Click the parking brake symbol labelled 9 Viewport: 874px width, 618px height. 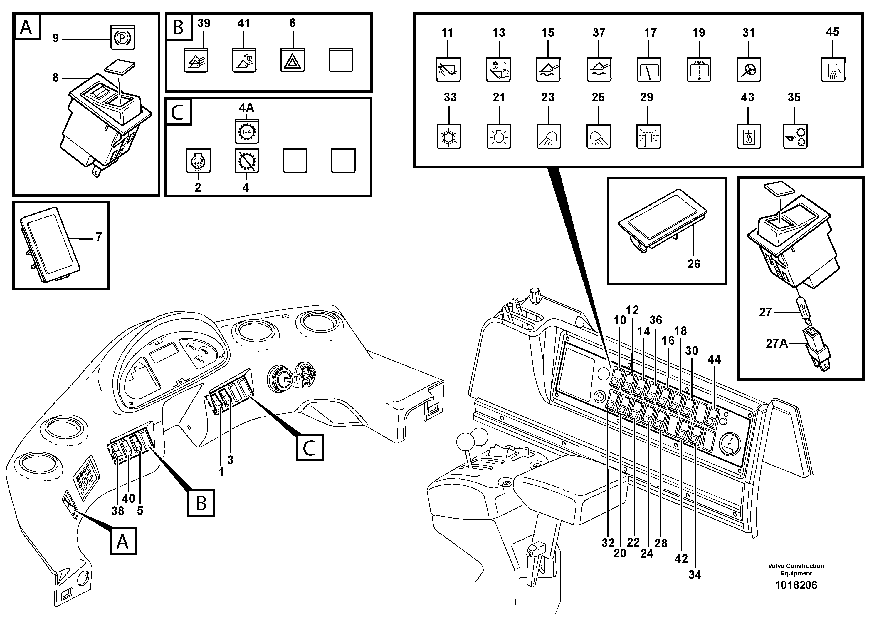[x=122, y=38]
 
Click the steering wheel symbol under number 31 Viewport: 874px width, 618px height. [x=748, y=70]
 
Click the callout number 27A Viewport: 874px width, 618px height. [x=776, y=343]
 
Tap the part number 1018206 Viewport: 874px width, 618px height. [x=796, y=585]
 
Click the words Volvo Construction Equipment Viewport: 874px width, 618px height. [x=796, y=569]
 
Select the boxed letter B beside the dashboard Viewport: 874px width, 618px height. [x=201, y=503]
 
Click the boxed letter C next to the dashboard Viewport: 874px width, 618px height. [x=310, y=448]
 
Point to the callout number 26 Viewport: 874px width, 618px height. [x=694, y=264]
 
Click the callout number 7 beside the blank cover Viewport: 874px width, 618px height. [x=99, y=237]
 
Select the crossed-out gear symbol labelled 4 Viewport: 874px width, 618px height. [x=246, y=161]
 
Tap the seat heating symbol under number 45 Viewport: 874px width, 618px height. [x=833, y=70]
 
